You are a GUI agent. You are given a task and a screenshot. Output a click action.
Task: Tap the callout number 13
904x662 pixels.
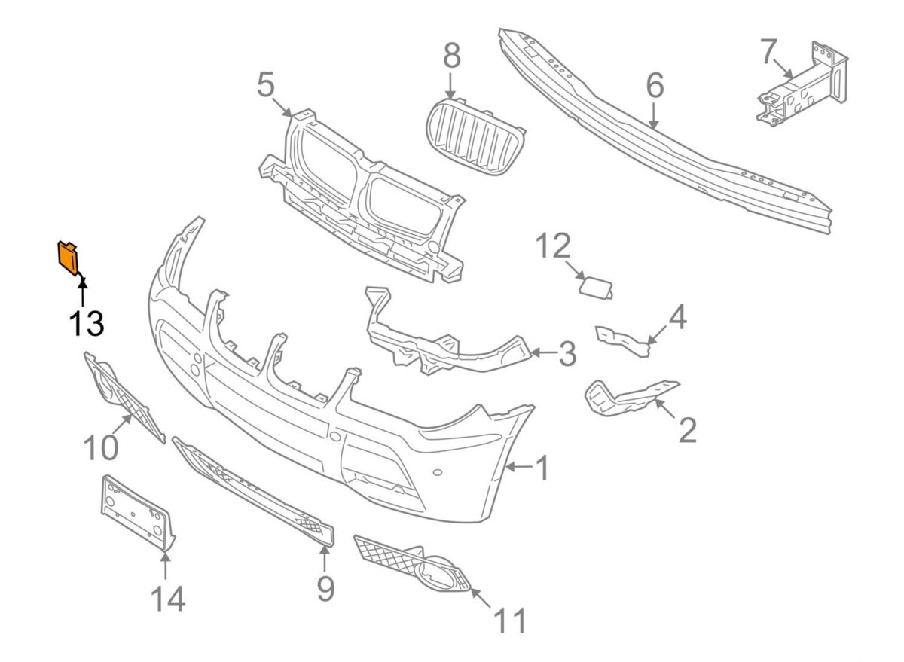coord(86,323)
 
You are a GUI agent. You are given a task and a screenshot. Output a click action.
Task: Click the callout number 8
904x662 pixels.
coord(450,56)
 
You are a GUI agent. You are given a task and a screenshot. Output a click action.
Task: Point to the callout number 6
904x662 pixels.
coord(654,87)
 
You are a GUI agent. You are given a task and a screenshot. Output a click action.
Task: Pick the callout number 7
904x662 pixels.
coord(768,52)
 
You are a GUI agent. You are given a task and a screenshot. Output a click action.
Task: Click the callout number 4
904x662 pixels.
coord(677,318)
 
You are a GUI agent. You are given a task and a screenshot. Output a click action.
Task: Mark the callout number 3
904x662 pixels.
coord(566,353)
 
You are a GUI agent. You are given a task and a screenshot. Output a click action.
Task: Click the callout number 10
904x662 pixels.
coord(100,447)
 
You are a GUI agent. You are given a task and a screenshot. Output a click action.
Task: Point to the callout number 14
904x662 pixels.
coord(166,599)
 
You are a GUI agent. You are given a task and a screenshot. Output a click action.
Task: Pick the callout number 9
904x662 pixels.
coord(325,587)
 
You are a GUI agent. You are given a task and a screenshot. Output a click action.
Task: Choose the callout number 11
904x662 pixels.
coord(510,621)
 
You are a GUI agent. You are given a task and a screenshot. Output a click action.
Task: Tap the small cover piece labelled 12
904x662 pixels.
coord(596,287)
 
